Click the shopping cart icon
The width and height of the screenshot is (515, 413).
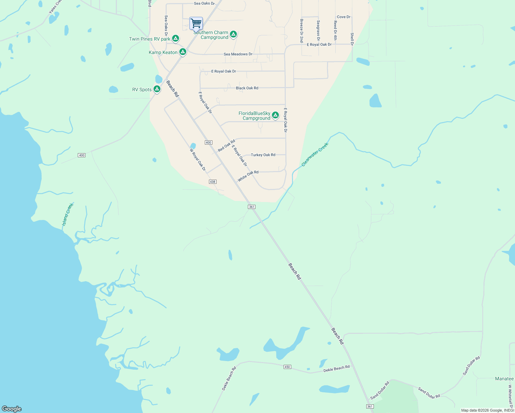(196, 24)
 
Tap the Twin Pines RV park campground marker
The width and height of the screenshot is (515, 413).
(176, 39)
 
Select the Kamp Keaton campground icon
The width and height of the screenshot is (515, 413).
(183, 52)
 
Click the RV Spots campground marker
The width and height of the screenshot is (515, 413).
(157, 89)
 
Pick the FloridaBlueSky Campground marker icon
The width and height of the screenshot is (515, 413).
(275, 115)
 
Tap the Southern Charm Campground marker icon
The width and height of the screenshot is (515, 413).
(233, 34)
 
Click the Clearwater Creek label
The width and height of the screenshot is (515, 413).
(315, 155)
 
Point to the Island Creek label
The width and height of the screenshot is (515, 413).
(67, 215)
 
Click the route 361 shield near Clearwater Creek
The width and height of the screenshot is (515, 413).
(252, 207)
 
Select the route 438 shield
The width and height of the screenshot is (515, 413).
(213, 182)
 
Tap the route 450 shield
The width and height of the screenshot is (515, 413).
(287, 367)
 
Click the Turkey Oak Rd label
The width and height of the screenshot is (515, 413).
(263, 155)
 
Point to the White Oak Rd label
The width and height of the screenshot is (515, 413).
(248, 176)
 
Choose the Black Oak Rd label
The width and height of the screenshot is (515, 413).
(247, 88)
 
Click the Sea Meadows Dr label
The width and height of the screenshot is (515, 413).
(238, 54)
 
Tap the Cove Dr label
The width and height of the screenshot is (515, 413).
(344, 17)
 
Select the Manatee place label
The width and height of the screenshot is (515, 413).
(504, 379)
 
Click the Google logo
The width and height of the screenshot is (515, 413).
(12, 409)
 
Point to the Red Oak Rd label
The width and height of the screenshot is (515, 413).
(227, 146)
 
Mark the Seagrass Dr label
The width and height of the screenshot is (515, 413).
(318, 30)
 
